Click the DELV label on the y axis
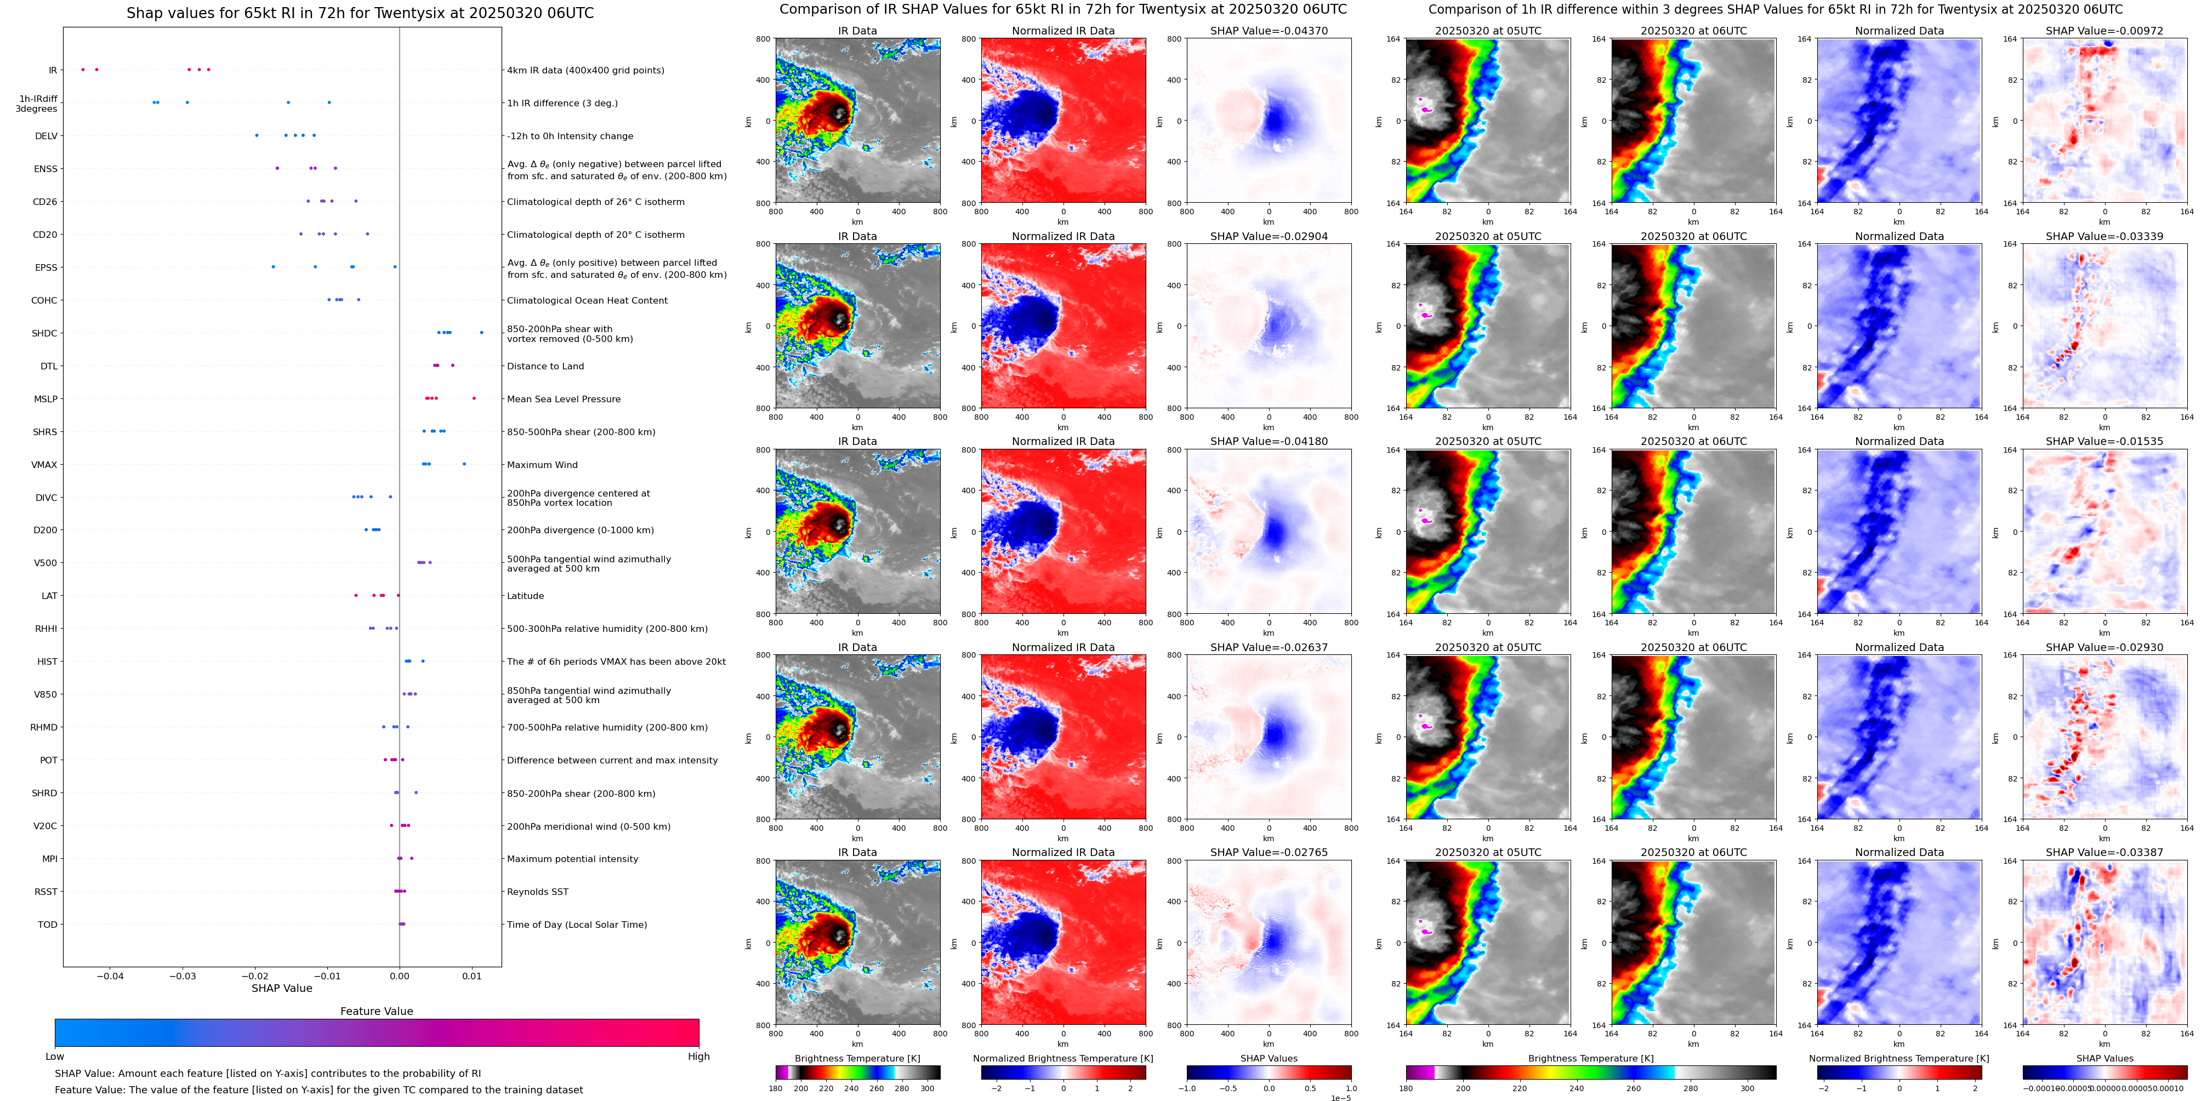coord(46,136)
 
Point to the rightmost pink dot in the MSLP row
coord(474,398)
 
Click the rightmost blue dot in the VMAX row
coord(464,464)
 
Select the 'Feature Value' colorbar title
coord(376,1011)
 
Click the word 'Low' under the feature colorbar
coord(55,1057)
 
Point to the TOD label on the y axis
coord(48,924)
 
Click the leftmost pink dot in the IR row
coord(83,69)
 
